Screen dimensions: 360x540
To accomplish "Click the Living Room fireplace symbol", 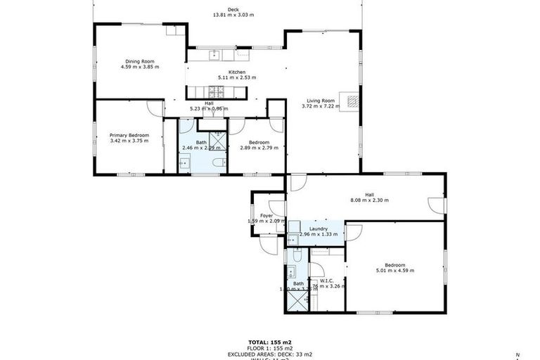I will tap(349, 101).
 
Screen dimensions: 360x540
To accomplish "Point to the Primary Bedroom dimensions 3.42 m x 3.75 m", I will tap(129, 140).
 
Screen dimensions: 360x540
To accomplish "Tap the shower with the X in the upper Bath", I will tap(219, 142).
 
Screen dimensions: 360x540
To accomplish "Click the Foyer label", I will tap(266, 216).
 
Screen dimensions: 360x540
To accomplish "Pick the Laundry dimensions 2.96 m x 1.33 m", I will tap(318, 233).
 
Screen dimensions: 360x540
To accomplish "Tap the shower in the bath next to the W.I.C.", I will tap(296, 301).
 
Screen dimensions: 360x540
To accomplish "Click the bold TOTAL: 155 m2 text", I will tap(269, 340).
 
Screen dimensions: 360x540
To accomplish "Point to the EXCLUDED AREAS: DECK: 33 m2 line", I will tap(269, 354).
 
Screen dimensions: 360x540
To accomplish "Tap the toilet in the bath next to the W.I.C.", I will tap(297, 257).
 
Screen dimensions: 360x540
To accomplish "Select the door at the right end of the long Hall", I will tap(436, 205).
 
